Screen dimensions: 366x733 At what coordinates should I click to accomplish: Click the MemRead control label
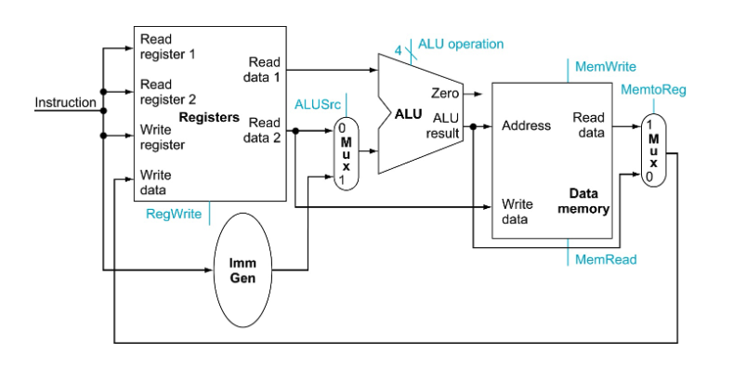click(x=606, y=259)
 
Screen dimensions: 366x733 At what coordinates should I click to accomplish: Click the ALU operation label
click(x=461, y=44)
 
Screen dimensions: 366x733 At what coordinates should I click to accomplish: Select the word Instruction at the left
click(x=65, y=102)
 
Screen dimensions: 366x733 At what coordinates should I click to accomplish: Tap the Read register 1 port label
click(x=167, y=46)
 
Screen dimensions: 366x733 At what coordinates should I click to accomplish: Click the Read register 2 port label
click(x=167, y=91)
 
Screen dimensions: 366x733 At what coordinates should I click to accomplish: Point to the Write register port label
click(x=163, y=137)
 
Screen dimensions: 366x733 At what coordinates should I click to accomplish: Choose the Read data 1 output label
click(x=264, y=69)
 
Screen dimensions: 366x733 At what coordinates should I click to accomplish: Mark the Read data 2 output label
click(x=264, y=130)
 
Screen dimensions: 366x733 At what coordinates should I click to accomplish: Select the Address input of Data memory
click(x=526, y=125)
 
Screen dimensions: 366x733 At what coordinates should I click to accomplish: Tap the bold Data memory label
click(x=583, y=201)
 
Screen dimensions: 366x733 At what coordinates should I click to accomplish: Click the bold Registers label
click(x=209, y=118)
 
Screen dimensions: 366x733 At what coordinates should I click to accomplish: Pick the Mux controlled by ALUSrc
click(x=346, y=152)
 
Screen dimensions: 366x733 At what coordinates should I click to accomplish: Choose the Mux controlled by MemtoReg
click(x=653, y=150)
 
